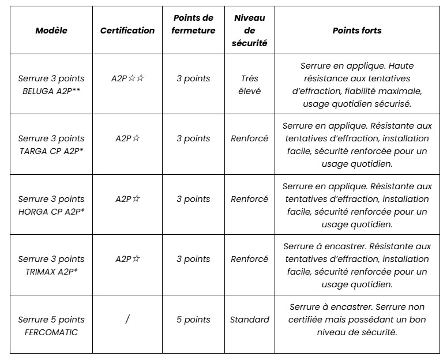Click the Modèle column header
tap(51, 31)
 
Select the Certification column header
tap(127, 31)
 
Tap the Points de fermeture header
tap(193, 24)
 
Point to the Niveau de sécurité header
tap(250, 31)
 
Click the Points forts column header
tap(357, 31)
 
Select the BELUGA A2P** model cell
tap(51, 84)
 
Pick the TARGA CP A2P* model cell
tap(51, 144)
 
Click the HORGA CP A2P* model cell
tap(51, 205)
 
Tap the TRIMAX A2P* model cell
tap(51, 265)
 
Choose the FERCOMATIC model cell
tap(51, 325)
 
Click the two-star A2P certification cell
tap(127, 78)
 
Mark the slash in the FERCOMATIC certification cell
tap(127, 320)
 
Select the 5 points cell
tap(193, 320)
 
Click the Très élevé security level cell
tap(250, 84)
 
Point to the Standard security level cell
tap(250, 320)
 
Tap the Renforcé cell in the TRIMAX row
tap(250, 259)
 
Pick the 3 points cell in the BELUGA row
tap(193, 78)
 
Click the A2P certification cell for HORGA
tap(127, 199)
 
